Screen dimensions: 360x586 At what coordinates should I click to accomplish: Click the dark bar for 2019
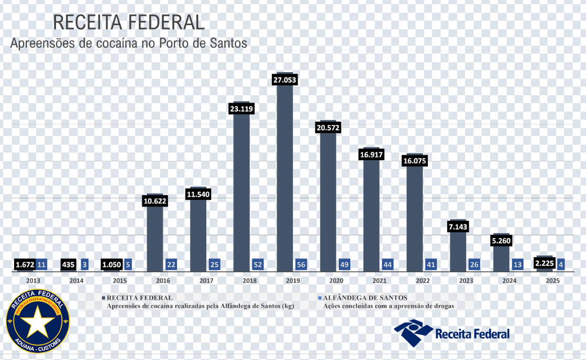point(284,178)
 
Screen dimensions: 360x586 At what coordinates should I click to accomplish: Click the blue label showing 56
point(301,264)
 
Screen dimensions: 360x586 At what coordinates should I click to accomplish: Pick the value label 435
point(68,264)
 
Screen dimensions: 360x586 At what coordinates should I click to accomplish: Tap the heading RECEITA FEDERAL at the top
point(128,22)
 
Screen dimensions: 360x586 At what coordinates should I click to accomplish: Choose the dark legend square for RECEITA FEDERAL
point(103,298)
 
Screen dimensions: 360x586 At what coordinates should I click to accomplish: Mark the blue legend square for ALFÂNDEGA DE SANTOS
point(319,298)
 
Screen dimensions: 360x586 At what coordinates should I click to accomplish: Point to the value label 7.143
point(458,227)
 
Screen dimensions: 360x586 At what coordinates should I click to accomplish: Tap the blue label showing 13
point(517,264)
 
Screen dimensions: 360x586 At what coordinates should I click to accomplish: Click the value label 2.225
point(545,263)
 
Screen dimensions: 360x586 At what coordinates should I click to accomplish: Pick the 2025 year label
point(552,280)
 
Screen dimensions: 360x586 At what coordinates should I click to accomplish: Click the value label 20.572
point(328,128)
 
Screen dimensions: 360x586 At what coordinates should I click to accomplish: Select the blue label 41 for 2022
point(430,264)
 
